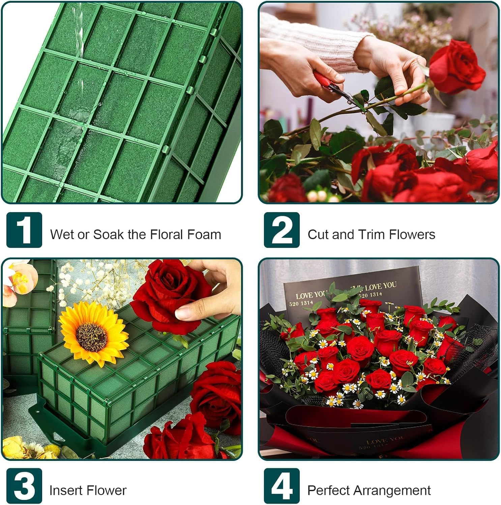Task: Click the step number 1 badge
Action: [24, 230]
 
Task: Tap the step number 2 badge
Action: [282, 230]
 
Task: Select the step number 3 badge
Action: [24, 486]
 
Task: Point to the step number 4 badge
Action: [282, 486]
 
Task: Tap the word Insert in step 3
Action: [62, 491]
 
